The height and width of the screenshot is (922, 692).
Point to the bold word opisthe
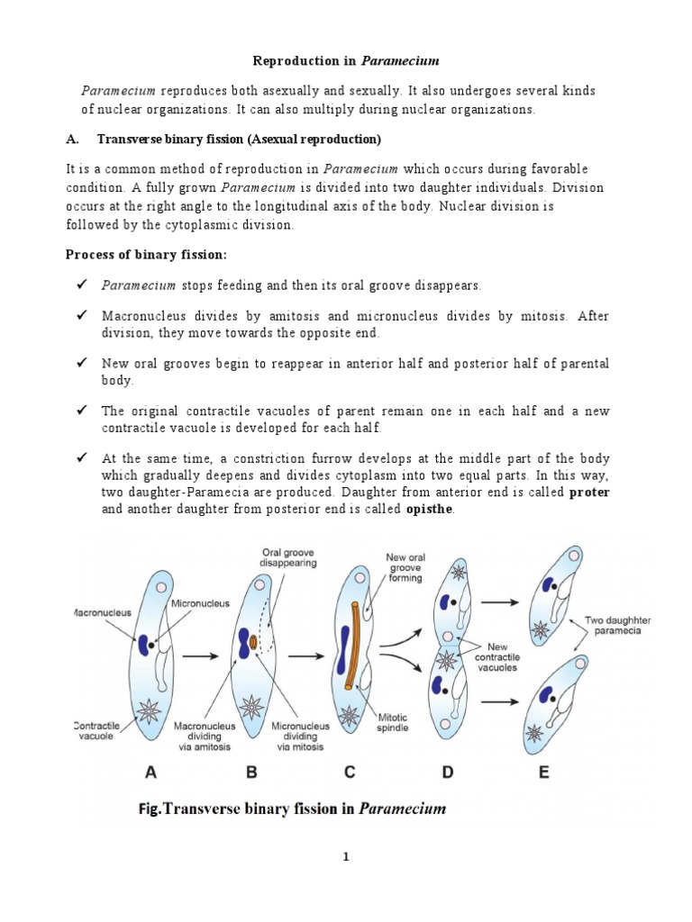[432, 510]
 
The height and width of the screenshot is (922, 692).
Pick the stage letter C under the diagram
[349, 772]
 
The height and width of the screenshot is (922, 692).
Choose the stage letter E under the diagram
[544, 772]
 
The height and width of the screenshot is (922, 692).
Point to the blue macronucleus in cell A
[144, 646]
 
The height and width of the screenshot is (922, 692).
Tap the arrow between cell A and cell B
[198, 657]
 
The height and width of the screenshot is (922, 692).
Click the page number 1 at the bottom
[345, 858]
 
